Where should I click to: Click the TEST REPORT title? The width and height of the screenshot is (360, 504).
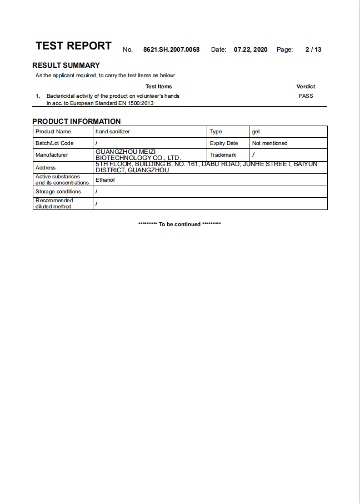point(73,46)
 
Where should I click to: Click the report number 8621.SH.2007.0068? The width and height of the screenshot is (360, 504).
point(171,49)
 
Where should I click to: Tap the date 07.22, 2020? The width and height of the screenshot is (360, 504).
point(251,49)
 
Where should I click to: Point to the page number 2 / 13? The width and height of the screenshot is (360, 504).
point(313,49)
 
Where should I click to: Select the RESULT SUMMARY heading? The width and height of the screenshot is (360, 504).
point(66,65)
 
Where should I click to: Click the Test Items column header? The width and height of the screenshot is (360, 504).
point(158,86)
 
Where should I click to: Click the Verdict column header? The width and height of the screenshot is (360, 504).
point(306,86)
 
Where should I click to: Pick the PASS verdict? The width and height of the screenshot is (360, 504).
point(306,96)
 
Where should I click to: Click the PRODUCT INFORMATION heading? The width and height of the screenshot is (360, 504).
point(76,121)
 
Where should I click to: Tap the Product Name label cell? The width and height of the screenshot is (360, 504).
point(53,132)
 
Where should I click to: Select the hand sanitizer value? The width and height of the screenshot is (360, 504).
point(113,132)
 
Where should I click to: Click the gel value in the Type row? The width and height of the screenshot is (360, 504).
point(256,132)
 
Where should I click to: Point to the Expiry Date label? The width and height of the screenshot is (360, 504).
point(224,143)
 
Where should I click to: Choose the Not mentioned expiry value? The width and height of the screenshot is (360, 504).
point(270,143)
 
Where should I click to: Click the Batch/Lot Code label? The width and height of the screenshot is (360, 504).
point(54,143)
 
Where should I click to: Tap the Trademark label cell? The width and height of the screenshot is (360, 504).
point(223,154)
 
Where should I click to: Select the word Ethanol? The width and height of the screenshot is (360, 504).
point(105,180)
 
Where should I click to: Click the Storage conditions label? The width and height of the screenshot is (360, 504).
point(58,192)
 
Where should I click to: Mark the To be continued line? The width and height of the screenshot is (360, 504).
point(179,224)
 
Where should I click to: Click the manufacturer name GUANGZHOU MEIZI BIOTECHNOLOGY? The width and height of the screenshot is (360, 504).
point(138,154)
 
